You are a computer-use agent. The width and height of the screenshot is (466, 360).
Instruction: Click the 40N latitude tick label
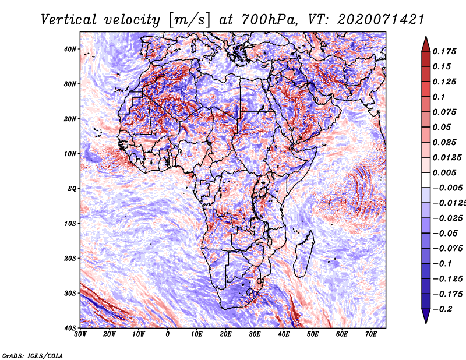69,49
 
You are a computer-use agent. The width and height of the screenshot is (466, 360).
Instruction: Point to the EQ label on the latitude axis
72,189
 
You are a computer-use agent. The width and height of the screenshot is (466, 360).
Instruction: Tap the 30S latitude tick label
70,293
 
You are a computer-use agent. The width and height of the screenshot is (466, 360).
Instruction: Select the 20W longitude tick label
109,334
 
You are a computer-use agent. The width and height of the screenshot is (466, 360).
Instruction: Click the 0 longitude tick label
168,334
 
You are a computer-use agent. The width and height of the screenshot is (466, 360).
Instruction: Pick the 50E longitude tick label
313,334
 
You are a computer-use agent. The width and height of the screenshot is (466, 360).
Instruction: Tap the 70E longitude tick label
370,334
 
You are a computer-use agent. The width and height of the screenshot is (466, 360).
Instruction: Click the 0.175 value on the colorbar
444,51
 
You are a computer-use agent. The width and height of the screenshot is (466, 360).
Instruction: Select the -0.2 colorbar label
443,309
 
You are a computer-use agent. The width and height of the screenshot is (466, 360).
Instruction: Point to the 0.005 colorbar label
444,172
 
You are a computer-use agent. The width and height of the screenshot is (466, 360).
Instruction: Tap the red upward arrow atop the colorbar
426,44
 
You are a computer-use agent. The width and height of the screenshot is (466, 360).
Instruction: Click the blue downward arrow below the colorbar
426,316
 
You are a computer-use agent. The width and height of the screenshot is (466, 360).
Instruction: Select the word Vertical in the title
68,20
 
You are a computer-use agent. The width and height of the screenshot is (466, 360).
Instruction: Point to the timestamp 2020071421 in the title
380,20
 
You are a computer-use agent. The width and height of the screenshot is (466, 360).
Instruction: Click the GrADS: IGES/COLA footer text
32,355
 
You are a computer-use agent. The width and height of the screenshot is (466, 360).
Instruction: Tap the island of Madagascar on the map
303,254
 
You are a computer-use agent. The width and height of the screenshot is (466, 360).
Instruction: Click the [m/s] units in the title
189,20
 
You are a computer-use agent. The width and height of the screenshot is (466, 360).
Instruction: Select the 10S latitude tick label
70,224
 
